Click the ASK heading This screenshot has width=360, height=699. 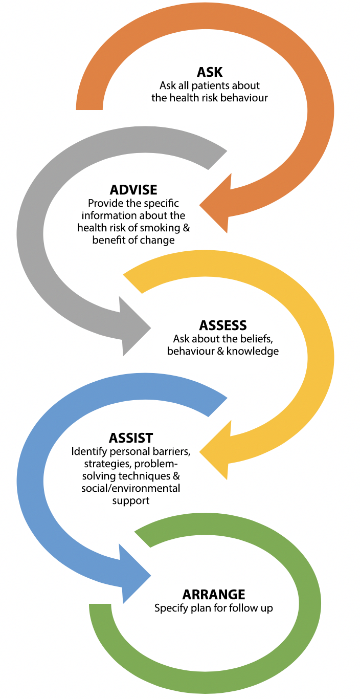[210, 72]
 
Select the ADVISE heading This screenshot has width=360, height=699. [133, 189]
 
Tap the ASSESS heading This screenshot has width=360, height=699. [223, 325]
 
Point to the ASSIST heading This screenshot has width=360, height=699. [131, 438]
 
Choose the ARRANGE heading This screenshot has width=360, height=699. [214, 595]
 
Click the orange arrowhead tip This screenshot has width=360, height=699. [201, 206]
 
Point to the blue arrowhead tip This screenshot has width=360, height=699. [150, 575]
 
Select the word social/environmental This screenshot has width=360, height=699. [131, 488]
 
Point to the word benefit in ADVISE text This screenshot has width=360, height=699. [108, 240]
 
